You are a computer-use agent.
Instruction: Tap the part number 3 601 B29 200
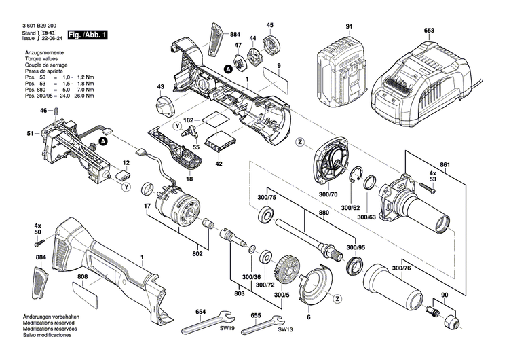click(x=32, y=25)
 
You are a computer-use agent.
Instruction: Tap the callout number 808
click(x=82, y=276)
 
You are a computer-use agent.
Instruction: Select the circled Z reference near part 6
click(x=336, y=296)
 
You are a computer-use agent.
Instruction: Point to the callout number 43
click(x=161, y=87)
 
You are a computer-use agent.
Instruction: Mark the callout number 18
click(x=189, y=179)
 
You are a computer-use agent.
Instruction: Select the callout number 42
click(x=219, y=164)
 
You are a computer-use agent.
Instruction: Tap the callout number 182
click(x=189, y=120)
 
